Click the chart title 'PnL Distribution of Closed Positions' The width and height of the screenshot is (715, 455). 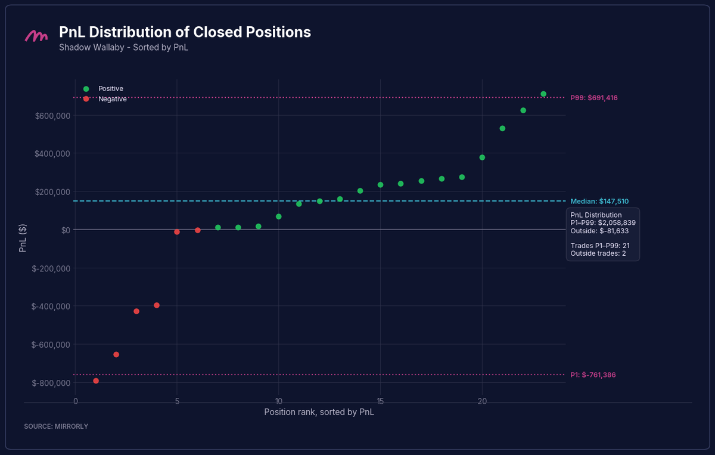pyautogui.click(x=185, y=32)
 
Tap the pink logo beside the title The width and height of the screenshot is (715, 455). pyautogui.click(x=36, y=36)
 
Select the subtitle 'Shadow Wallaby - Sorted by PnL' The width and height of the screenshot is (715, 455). pyautogui.click(x=123, y=47)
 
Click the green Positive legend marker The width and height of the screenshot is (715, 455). pyautogui.click(x=86, y=89)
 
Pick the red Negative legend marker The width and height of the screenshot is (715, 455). pyautogui.click(x=86, y=99)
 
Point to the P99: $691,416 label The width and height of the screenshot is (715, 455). pyautogui.click(x=593, y=98)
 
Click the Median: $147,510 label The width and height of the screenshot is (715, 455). pyautogui.click(x=599, y=202)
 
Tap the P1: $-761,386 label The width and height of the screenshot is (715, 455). pyautogui.click(x=593, y=375)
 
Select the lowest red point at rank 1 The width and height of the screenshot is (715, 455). pyautogui.click(x=96, y=381)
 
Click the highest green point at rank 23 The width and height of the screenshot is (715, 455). pyautogui.click(x=543, y=94)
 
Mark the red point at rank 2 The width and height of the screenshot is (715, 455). pyautogui.click(x=116, y=355)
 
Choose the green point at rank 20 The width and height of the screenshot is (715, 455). pyautogui.click(x=482, y=157)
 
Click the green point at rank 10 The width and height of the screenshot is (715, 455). pyautogui.click(x=279, y=216)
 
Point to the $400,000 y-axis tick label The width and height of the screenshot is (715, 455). pyautogui.click(x=52, y=154)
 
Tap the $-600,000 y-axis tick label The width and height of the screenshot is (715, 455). pyautogui.click(x=51, y=345)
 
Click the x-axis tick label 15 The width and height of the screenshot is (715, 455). pyautogui.click(x=380, y=401)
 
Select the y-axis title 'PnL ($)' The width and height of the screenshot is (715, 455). pyautogui.click(x=23, y=238)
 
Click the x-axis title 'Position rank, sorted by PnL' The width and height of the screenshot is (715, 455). pyautogui.click(x=319, y=412)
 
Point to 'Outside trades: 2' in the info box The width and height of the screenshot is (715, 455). pyautogui.click(x=598, y=253)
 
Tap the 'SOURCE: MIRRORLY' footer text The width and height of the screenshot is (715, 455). pyautogui.click(x=56, y=426)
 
